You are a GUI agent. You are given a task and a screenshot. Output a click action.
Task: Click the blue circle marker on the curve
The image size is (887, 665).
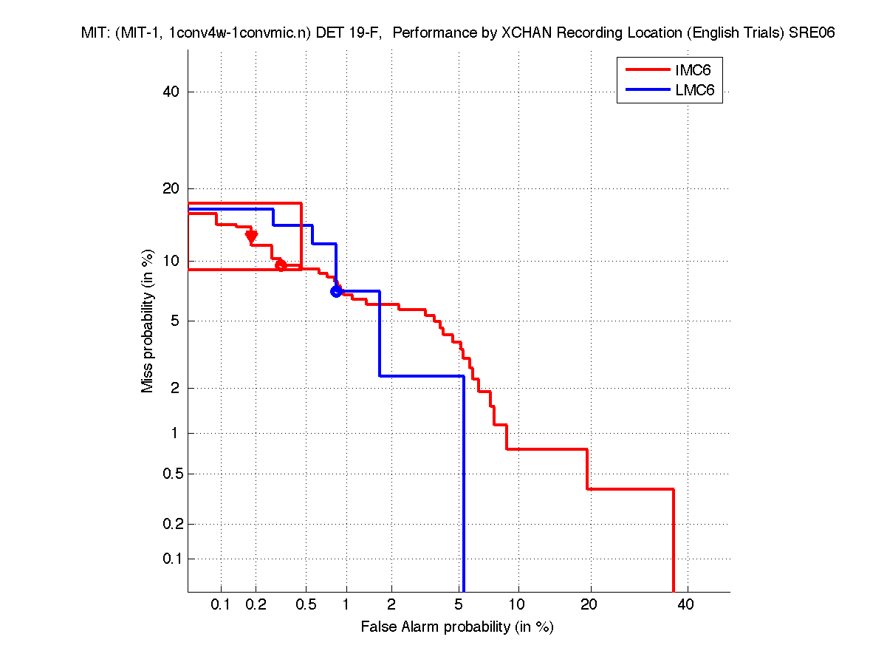point(336,291)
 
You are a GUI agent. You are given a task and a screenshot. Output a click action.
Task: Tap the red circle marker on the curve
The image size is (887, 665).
point(281,265)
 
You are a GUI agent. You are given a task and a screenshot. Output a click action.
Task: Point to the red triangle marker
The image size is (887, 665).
point(251,236)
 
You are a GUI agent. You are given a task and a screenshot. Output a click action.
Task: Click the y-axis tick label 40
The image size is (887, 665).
point(172,92)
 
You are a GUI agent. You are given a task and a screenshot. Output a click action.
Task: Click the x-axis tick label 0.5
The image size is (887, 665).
point(306,604)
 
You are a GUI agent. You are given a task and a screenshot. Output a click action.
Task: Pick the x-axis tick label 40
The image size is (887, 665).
point(685,604)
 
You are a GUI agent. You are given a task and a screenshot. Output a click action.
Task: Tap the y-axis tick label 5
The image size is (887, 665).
point(176,321)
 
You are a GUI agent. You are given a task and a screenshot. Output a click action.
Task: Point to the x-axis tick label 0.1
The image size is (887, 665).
point(221,604)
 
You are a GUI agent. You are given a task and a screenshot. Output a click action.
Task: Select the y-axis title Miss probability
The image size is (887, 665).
point(148,322)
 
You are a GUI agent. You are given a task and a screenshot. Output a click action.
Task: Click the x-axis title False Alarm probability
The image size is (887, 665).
point(457,627)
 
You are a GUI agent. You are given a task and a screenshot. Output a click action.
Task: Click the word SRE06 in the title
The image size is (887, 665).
point(812,33)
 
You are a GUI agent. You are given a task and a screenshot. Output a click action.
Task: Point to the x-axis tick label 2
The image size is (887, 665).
point(391,604)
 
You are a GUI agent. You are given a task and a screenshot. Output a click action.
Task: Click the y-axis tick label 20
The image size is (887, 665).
point(172,188)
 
